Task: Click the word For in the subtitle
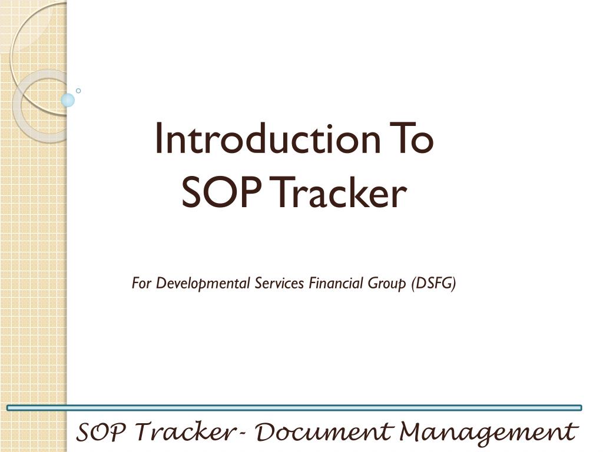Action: pos(142,284)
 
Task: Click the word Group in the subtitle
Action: pos(388,284)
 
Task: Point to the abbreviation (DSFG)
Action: pos(434,284)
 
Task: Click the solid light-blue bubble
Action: pos(68,100)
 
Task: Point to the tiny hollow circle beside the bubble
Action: pos(78,91)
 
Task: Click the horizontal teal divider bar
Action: pos(294,407)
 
